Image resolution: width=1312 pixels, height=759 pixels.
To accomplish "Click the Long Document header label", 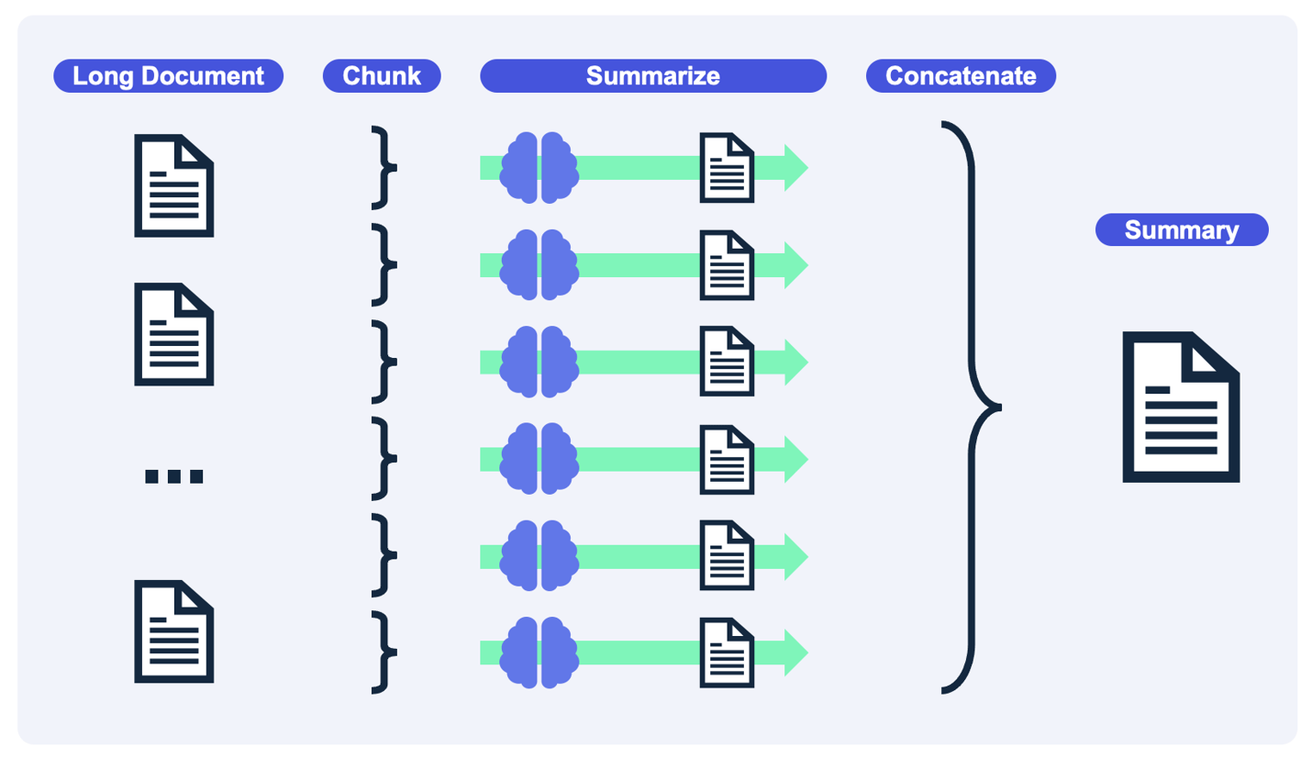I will pos(168,76).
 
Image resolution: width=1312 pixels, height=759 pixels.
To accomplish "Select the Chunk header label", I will pos(382,76).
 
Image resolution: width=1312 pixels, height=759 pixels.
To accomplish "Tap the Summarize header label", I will pos(653,76).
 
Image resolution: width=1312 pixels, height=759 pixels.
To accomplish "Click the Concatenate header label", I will pos(961,76).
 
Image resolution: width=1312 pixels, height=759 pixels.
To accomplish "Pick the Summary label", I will pos(1182,229).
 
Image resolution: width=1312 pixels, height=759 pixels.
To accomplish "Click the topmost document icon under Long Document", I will pos(174,185).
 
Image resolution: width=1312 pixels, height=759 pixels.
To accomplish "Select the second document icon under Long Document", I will pos(174,333).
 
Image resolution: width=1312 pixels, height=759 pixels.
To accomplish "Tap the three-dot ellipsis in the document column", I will pos(174,475).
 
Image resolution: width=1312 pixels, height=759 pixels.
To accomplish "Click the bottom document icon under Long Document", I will pos(174,631).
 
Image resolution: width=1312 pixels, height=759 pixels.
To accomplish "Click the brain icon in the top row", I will pos(539,167).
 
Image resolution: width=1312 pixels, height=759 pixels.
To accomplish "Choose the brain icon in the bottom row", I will pos(539,653).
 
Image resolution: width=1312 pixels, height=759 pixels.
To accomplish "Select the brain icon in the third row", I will pos(539,362).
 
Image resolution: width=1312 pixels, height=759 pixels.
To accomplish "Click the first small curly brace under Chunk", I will pos(384,167).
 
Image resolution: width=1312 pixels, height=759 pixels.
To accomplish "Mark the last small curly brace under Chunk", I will pos(384,653).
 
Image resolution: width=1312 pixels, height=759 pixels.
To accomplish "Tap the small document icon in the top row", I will pos(728,167).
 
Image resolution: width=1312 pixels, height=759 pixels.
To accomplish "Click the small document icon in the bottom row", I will pos(728,653).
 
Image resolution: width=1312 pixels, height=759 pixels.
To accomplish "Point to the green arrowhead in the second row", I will pos(795,264).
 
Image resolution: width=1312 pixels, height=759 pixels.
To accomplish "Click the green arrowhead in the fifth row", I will pos(795,556).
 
